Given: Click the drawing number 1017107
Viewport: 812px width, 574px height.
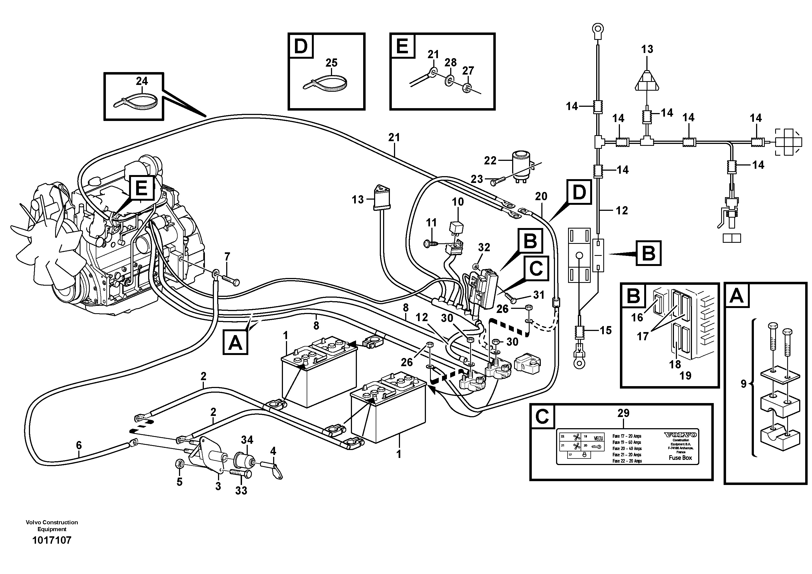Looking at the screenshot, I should [x=52, y=540].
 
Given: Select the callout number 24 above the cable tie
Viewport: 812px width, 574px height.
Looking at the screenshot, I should [x=142, y=81].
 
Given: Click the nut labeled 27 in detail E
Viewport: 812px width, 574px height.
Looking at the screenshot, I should [x=467, y=87].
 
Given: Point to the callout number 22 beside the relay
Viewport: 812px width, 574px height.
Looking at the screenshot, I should [x=490, y=161].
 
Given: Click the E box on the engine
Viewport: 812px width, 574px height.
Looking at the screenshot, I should [x=141, y=188].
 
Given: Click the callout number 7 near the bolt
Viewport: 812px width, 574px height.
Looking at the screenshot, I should [x=227, y=256].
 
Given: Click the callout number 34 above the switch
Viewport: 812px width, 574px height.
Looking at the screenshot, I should [x=247, y=440].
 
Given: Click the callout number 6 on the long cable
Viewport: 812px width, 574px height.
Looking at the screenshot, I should [x=79, y=445].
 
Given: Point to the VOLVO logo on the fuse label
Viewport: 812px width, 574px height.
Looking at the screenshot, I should [x=680, y=434].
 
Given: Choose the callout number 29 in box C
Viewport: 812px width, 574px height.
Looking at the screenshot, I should [x=623, y=413].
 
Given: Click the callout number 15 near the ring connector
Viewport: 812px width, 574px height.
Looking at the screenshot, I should [x=605, y=330].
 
